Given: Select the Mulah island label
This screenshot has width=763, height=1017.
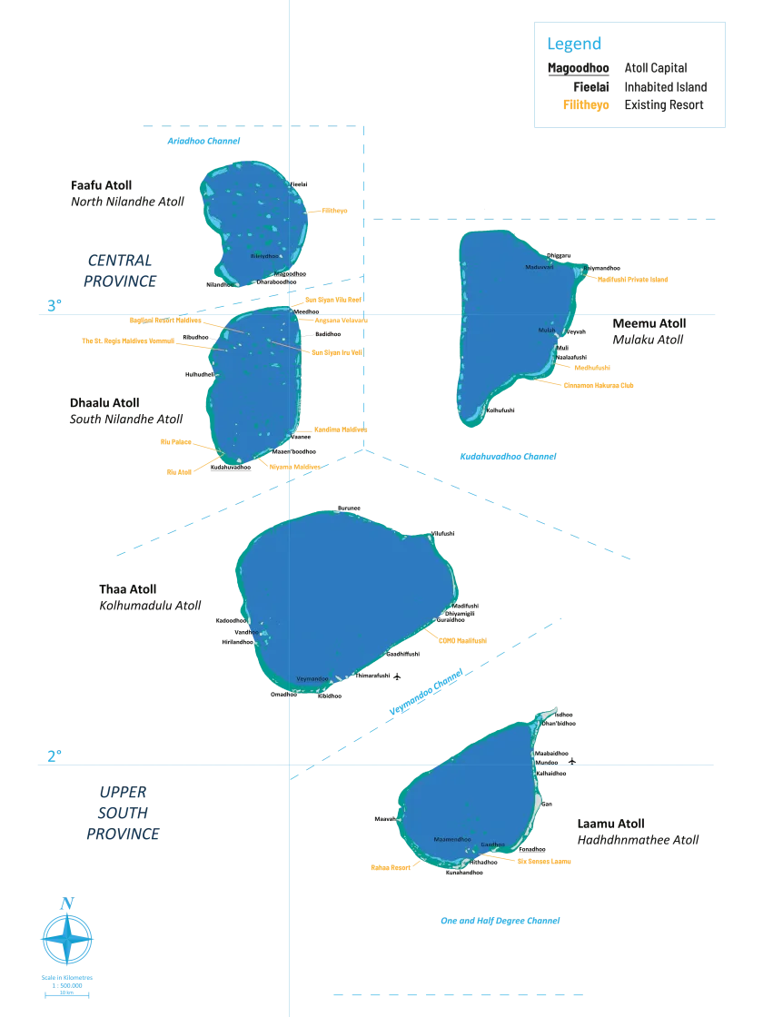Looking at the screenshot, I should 545,331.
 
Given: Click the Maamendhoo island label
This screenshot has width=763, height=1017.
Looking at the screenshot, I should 451,838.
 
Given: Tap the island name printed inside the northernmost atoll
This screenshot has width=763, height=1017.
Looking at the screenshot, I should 264,257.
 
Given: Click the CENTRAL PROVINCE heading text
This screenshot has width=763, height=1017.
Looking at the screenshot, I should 119,272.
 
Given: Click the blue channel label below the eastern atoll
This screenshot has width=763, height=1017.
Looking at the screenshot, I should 508,458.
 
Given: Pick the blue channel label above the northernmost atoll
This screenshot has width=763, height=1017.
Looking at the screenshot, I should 205,139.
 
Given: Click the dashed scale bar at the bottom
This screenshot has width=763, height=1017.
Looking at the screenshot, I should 456,994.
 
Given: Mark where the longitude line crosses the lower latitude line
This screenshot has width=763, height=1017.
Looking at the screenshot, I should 287,766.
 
